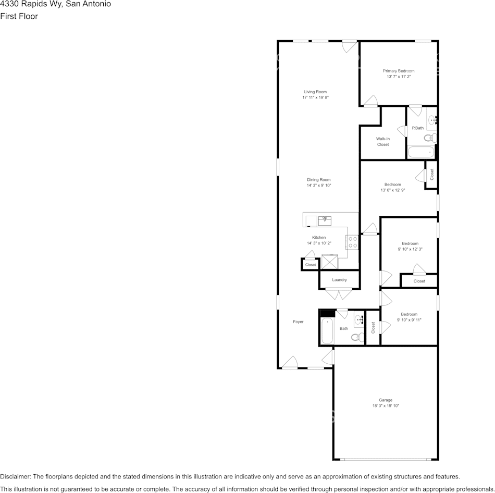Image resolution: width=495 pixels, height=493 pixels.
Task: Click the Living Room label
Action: click(315, 92)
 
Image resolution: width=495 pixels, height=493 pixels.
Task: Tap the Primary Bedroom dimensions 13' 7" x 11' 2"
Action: click(399, 77)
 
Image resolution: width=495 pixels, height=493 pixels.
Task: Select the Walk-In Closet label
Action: click(383, 141)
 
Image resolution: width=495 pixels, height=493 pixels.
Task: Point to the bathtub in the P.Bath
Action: click(420, 152)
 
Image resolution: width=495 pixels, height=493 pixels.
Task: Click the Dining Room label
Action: click(318, 180)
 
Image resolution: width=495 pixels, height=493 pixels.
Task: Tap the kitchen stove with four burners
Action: click(352, 242)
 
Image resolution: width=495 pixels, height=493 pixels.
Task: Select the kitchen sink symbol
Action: click(325, 220)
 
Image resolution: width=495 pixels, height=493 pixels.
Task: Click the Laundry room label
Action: click(339, 280)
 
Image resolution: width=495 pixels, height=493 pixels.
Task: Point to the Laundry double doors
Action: click(339, 294)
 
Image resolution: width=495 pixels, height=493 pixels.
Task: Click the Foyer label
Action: click(298, 322)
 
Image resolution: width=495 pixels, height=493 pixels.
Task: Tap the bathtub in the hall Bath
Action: click(327, 331)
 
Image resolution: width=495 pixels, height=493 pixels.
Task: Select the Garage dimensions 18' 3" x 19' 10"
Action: click(386, 406)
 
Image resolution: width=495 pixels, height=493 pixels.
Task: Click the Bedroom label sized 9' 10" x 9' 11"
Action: click(409, 314)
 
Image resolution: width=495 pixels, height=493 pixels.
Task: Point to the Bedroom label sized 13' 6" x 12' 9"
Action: click(393, 184)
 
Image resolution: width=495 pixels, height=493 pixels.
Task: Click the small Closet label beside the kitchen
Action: click(311, 265)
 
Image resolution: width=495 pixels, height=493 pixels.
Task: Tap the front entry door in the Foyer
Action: click(290, 363)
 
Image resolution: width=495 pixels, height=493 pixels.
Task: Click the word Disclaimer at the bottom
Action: click(16, 476)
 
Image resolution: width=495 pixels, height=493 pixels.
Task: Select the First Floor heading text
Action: click(19, 16)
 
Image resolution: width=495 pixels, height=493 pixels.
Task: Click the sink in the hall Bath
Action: click(359, 318)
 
